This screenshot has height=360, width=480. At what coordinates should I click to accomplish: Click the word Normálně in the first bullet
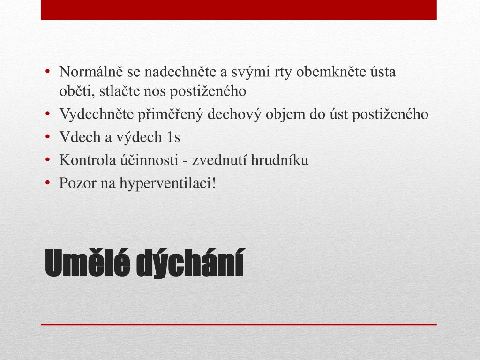coord(91,72)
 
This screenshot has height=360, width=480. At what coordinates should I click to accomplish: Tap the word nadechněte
coord(180,72)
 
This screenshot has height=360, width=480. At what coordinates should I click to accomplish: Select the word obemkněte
coord(331,72)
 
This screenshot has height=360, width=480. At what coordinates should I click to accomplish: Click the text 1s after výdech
coord(173,137)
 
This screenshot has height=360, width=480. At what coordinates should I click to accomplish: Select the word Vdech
coord(80,137)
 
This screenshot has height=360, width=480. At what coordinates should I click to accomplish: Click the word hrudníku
coord(279,160)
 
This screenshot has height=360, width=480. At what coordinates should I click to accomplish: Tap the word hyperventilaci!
coord(168,183)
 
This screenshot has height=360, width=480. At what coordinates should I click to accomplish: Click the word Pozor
coord(78,183)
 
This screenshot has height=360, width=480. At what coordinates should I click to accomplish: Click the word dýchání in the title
coord(190,264)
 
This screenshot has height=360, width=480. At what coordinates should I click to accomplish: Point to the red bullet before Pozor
coord(47,183)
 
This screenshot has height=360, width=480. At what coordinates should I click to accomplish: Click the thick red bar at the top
coord(239,10)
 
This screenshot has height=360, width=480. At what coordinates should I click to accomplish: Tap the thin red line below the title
coord(239,324)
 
